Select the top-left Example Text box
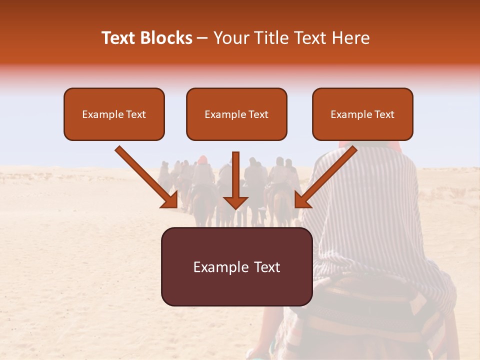click(x=114, y=114)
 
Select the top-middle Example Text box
click(x=236, y=114)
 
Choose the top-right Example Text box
click(x=362, y=114)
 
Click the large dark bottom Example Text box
click(x=236, y=267)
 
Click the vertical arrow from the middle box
click(x=235, y=175)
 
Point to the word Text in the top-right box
click(x=384, y=114)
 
